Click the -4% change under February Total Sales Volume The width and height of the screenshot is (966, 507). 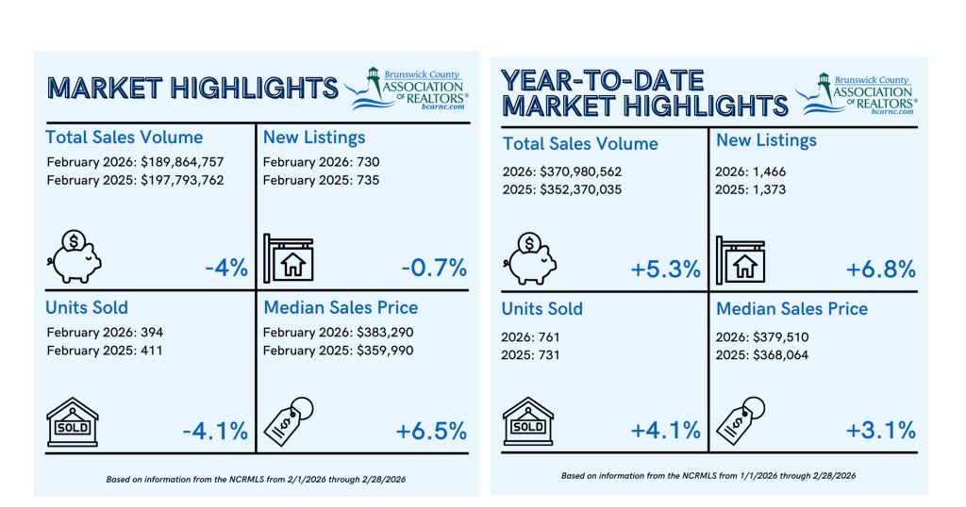point(226,267)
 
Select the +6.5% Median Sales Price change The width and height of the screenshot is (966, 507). point(431,431)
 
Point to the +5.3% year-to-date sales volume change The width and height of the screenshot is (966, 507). point(665,269)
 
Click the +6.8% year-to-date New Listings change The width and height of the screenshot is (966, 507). point(880,269)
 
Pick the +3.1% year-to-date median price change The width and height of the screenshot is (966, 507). point(880,431)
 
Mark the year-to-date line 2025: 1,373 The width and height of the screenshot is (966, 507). point(751,189)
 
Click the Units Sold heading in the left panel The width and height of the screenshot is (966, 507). point(87,308)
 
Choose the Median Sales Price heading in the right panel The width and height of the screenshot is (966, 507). point(792,308)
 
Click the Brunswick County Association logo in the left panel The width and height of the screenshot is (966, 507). point(408,88)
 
